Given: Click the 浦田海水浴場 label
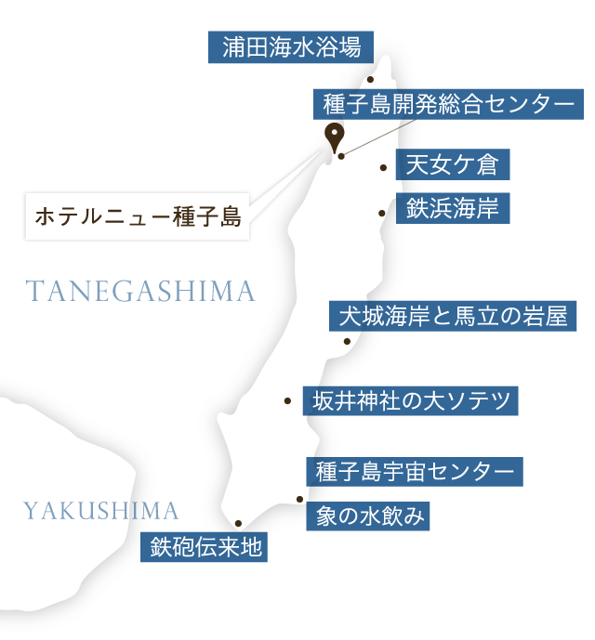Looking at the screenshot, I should (291, 46).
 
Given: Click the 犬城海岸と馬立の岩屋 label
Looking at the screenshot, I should (454, 317).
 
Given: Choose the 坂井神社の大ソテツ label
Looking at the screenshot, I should (412, 401).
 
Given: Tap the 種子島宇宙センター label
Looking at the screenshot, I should (415, 471).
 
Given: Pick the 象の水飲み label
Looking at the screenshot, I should (369, 516).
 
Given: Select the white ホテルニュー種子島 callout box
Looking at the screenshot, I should (138, 217).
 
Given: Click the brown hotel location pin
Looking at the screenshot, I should (332, 138).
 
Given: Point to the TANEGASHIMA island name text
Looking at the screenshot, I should (140, 292).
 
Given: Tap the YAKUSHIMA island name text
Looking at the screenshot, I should (100, 510).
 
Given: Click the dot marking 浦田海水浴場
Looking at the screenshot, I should (370, 80).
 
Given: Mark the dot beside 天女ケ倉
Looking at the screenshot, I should (383, 168).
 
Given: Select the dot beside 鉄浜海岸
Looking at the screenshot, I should (381, 213).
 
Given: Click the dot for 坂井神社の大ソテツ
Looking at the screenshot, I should (288, 401).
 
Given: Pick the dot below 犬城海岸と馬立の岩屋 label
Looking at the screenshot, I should (347, 341).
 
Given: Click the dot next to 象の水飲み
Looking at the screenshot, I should (299, 500).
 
